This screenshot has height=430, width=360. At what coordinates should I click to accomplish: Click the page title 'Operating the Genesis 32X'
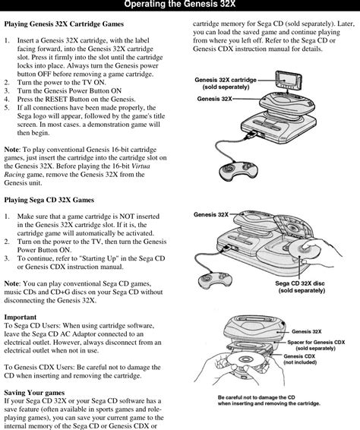(x=179, y=4)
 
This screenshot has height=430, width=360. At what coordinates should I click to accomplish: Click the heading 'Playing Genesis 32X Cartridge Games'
(x=64, y=24)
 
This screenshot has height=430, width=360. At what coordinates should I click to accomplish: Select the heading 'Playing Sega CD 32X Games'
(x=49, y=200)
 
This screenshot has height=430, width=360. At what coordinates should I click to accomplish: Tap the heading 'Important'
(x=21, y=317)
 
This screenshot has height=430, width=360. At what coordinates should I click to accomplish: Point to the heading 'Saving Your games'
(x=34, y=393)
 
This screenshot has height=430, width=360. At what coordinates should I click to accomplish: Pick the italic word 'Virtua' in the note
(x=141, y=166)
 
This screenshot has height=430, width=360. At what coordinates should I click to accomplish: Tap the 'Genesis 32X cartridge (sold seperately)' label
(x=226, y=84)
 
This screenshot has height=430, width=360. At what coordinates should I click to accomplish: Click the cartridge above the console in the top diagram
(x=289, y=81)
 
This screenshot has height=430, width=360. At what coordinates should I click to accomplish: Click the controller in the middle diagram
(x=215, y=280)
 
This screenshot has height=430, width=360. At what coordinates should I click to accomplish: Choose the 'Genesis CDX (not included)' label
(x=300, y=359)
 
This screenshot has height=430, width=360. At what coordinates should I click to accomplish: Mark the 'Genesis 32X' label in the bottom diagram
(x=307, y=331)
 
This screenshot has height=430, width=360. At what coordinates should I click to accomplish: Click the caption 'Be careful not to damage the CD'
(x=257, y=397)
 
